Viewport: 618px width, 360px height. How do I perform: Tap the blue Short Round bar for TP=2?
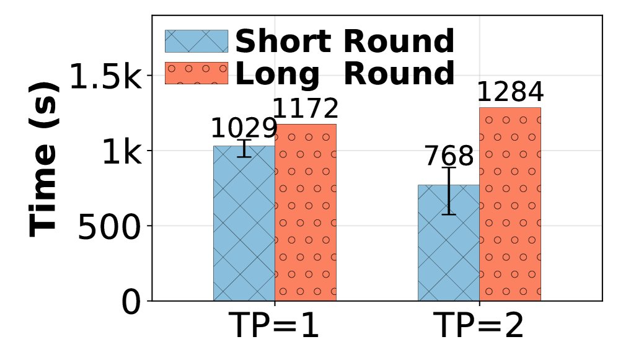click(449, 248)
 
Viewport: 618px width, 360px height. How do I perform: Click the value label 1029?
click(243, 129)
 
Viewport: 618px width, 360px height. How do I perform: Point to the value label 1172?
click(306, 110)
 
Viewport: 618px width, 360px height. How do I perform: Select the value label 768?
click(449, 156)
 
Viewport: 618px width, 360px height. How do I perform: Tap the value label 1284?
click(510, 93)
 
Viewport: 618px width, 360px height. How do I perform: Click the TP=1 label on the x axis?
click(274, 326)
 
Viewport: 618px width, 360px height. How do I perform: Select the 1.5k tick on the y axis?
click(105, 77)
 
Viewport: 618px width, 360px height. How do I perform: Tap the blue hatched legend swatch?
click(196, 42)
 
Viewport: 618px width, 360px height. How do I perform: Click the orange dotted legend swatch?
click(196, 73)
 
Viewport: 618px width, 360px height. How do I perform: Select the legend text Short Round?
click(345, 42)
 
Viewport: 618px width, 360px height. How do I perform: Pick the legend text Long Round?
click(345, 74)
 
